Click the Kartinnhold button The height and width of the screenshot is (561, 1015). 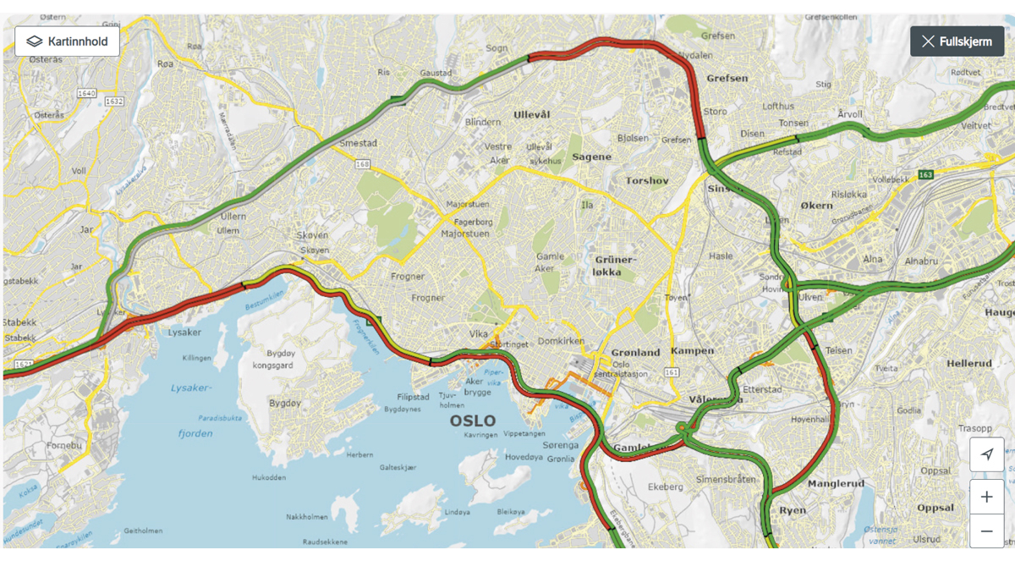pyautogui.click(x=67, y=41)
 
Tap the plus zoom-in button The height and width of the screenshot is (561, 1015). pyautogui.click(x=986, y=497)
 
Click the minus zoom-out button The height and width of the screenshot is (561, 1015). pyautogui.click(x=986, y=531)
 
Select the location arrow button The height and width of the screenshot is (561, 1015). pyautogui.click(x=986, y=454)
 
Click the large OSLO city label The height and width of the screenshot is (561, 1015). pyautogui.click(x=473, y=421)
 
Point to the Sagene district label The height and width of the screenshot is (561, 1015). pyautogui.click(x=591, y=157)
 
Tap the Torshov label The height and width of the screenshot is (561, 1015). pyautogui.click(x=647, y=180)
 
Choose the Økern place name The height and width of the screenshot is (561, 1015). pyautogui.click(x=817, y=206)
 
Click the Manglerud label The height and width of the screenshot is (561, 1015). pyautogui.click(x=836, y=484)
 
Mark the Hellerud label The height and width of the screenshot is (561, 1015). pyautogui.click(x=968, y=363)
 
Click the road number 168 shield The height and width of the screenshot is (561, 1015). pyautogui.click(x=363, y=164)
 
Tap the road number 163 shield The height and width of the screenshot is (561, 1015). pyautogui.click(x=924, y=174)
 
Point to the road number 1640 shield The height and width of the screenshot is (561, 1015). pyautogui.click(x=86, y=93)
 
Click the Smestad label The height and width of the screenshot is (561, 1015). pyautogui.click(x=357, y=144)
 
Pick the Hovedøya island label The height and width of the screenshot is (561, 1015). pyautogui.click(x=524, y=457)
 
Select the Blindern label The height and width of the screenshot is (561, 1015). pyautogui.click(x=482, y=122)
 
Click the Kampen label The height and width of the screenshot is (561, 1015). pyautogui.click(x=692, y=350)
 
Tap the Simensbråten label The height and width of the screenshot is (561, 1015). pyautogui.click(x=726, y=479)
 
